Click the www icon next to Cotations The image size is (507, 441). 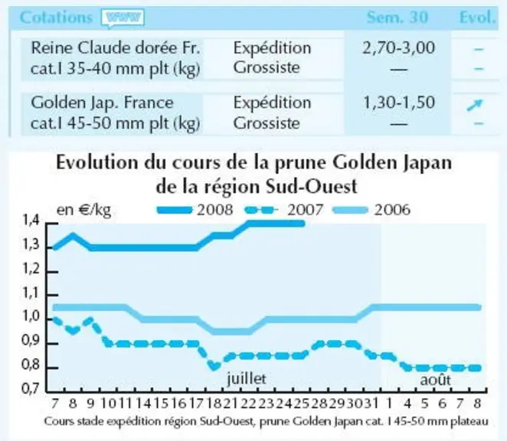(x=123, y=18)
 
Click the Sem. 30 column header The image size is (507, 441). (x=397, y=17)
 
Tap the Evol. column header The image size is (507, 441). (x=478, y=17)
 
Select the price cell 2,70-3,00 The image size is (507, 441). (x=399, y=48)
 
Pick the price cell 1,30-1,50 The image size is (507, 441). (x=399, y=103)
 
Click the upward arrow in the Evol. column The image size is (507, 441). (x=475, y=105)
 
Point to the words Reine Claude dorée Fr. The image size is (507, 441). (x=116, y=48)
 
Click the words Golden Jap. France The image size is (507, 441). (x=102, y=103)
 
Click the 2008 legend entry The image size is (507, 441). (x=195, y=210)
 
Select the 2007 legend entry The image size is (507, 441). (x=284, y=210)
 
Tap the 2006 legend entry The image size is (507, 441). (x=371, y=210)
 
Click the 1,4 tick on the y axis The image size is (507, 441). (x=31, y=220)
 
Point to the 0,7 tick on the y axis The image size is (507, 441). (x=31, y=388)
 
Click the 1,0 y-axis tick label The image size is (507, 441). (x=31, y=316)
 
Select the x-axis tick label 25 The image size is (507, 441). (x=301, y=403)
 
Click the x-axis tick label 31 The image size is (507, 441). (x=371, y=403)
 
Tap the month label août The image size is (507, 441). (x=435, y=380)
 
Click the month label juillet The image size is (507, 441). (x=247, y=378)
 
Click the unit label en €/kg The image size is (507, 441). (x=83, y=211)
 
